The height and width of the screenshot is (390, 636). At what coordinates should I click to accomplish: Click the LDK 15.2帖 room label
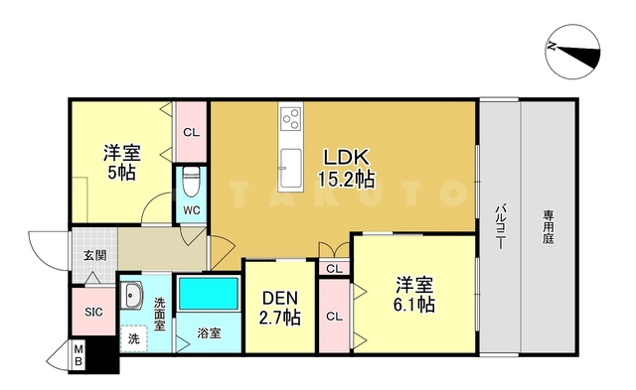coord(345,169)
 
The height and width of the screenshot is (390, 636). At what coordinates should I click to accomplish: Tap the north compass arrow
coord(573,49)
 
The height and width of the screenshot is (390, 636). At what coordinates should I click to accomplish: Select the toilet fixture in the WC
coord(192,184)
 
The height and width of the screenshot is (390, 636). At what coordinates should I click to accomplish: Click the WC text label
coord(192,211)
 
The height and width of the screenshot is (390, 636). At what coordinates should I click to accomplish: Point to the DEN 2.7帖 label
coord(279,309)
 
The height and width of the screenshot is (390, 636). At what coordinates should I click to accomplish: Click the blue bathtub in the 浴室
coord(208,295)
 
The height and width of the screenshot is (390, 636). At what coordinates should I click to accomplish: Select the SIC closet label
coord(92,313)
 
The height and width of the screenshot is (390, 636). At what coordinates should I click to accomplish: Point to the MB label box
coord(79,356)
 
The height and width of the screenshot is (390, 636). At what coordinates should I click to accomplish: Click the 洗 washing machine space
coord(134,338)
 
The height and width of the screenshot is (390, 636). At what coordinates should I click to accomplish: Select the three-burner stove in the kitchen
coord(292,123)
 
